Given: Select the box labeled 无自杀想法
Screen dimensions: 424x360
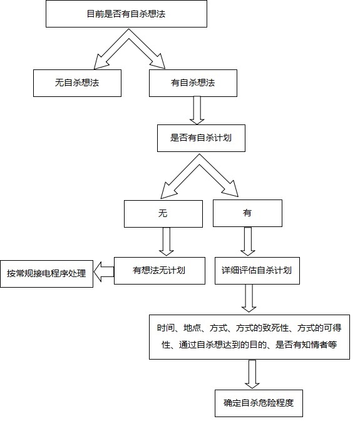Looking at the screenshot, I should point(77,83).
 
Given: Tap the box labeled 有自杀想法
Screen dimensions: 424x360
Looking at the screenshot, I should point(193,83).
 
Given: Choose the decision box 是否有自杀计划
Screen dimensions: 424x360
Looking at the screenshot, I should point(201,138).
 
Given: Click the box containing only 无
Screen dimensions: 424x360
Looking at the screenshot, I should point(163,213).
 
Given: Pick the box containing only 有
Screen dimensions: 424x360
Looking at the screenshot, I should point(247,213).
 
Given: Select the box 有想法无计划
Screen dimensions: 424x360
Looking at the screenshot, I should point(159,271).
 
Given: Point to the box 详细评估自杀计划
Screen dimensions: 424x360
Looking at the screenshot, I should point(256,271).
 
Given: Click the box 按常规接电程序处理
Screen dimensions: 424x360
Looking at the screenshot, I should point(47,273).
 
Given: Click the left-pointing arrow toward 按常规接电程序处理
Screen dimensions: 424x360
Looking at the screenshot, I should point(104,271).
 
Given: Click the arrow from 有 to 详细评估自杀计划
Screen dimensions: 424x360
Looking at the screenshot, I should point(248,241).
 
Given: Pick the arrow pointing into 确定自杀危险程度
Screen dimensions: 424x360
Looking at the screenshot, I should point(252,374).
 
